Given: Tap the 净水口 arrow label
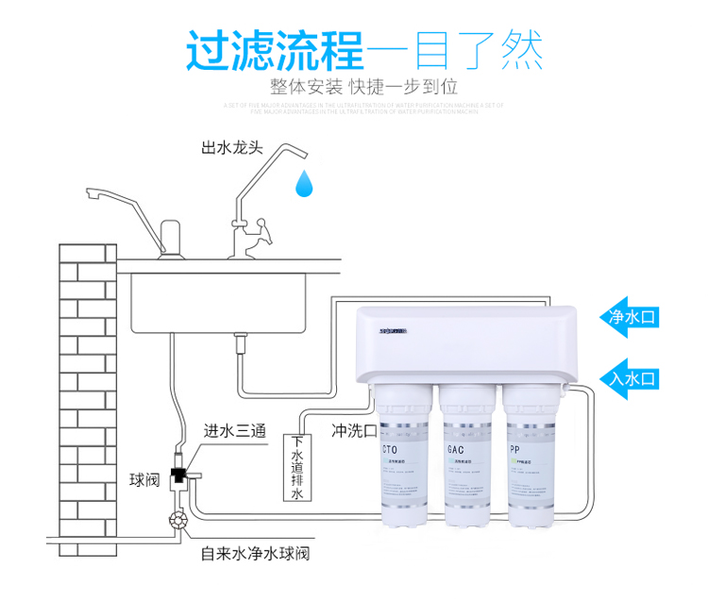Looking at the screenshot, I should [x=631, y=317].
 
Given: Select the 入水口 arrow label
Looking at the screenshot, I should [x=631, y=379].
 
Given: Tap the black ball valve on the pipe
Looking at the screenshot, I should [x=177, y=475].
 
